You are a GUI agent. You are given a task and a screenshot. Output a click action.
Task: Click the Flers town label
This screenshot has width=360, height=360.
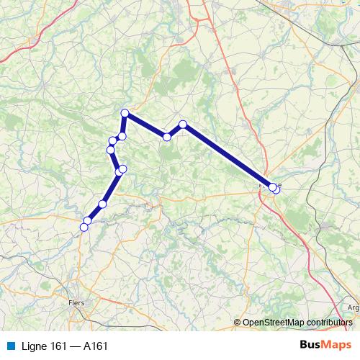pos(76,303)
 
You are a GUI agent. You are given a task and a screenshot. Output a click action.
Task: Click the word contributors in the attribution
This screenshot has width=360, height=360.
pos(329,322)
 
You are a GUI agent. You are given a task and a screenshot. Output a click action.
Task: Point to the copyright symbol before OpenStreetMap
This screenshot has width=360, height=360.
pos(238,322)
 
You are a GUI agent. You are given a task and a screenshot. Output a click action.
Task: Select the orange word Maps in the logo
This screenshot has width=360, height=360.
pos(337,345)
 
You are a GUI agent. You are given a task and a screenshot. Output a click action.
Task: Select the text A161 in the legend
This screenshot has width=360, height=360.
pos(96,346)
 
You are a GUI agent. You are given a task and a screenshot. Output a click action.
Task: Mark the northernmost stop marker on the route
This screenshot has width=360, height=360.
pos(125,113)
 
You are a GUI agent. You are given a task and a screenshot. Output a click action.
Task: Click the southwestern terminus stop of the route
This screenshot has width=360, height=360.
pos(84,227)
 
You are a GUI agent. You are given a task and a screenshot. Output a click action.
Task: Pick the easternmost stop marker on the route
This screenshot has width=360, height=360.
pos(276,189)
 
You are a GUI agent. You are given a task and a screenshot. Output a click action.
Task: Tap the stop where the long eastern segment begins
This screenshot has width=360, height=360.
pos(183,125)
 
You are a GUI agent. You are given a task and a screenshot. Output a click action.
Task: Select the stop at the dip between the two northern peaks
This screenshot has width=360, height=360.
pos(166,137)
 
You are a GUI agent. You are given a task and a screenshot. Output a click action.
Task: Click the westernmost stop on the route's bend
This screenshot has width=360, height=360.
pos(110,150)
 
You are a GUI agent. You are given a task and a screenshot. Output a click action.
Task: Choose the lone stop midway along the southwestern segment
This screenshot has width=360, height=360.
pos(102,204)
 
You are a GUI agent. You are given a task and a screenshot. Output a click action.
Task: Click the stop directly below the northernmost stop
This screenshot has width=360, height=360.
pos(122,136)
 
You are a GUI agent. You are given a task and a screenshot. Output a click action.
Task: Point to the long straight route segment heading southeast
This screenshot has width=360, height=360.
pos(227,156)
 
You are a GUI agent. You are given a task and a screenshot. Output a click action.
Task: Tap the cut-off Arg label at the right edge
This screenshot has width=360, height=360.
pos(353,307)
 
